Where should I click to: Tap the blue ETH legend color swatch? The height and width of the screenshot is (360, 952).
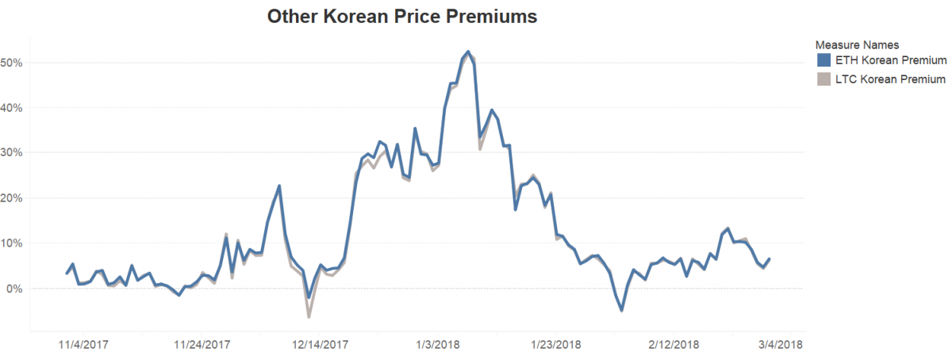tap(823, 60)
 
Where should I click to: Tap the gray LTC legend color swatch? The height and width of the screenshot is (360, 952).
tap(823, 79)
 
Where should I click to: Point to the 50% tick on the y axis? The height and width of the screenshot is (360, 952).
tap(13, 63)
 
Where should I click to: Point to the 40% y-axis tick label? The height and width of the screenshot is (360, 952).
tap(13, 108)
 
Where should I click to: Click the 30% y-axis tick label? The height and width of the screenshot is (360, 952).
tap(13, 153)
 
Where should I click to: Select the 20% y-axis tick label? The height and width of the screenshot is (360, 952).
tap(13, 198)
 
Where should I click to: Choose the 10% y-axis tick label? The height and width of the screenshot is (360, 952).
tap(13, 243)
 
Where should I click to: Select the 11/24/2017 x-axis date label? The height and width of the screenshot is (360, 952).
tap(202, 345)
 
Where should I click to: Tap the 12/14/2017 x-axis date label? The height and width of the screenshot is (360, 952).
tap(321, 345)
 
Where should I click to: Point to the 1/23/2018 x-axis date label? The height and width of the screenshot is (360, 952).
tap(555, 345)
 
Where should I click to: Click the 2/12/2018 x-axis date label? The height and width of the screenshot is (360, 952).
tap(674, 345)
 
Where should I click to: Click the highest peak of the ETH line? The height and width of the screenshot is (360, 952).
tap(468, 52)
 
